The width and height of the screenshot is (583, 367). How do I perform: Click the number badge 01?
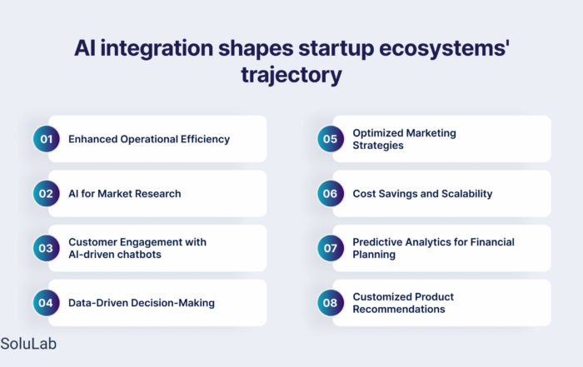[46, 139]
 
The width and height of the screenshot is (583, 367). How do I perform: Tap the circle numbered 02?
[46, 194]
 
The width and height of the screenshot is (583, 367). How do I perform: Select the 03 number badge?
[46, 248]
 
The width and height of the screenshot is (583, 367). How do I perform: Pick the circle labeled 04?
[46, 303]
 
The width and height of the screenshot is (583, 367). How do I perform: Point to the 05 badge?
[331, 139]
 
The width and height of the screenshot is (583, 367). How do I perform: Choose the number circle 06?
[331, 194]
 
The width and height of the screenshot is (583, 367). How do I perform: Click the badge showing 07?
[331, 248]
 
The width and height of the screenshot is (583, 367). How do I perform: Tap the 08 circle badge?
[331, 303]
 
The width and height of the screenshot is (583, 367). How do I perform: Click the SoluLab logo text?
[28, 344]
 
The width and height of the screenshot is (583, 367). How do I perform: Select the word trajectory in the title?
[291, 76]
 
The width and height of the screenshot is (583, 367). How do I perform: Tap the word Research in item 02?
[157, 194]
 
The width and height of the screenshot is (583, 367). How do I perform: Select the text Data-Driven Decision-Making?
[142, 303]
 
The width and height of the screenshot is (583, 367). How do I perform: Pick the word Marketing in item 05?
[431, 133]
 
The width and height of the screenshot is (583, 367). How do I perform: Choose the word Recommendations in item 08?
[399, 309]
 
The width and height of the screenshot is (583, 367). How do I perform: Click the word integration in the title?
[157, 48]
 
